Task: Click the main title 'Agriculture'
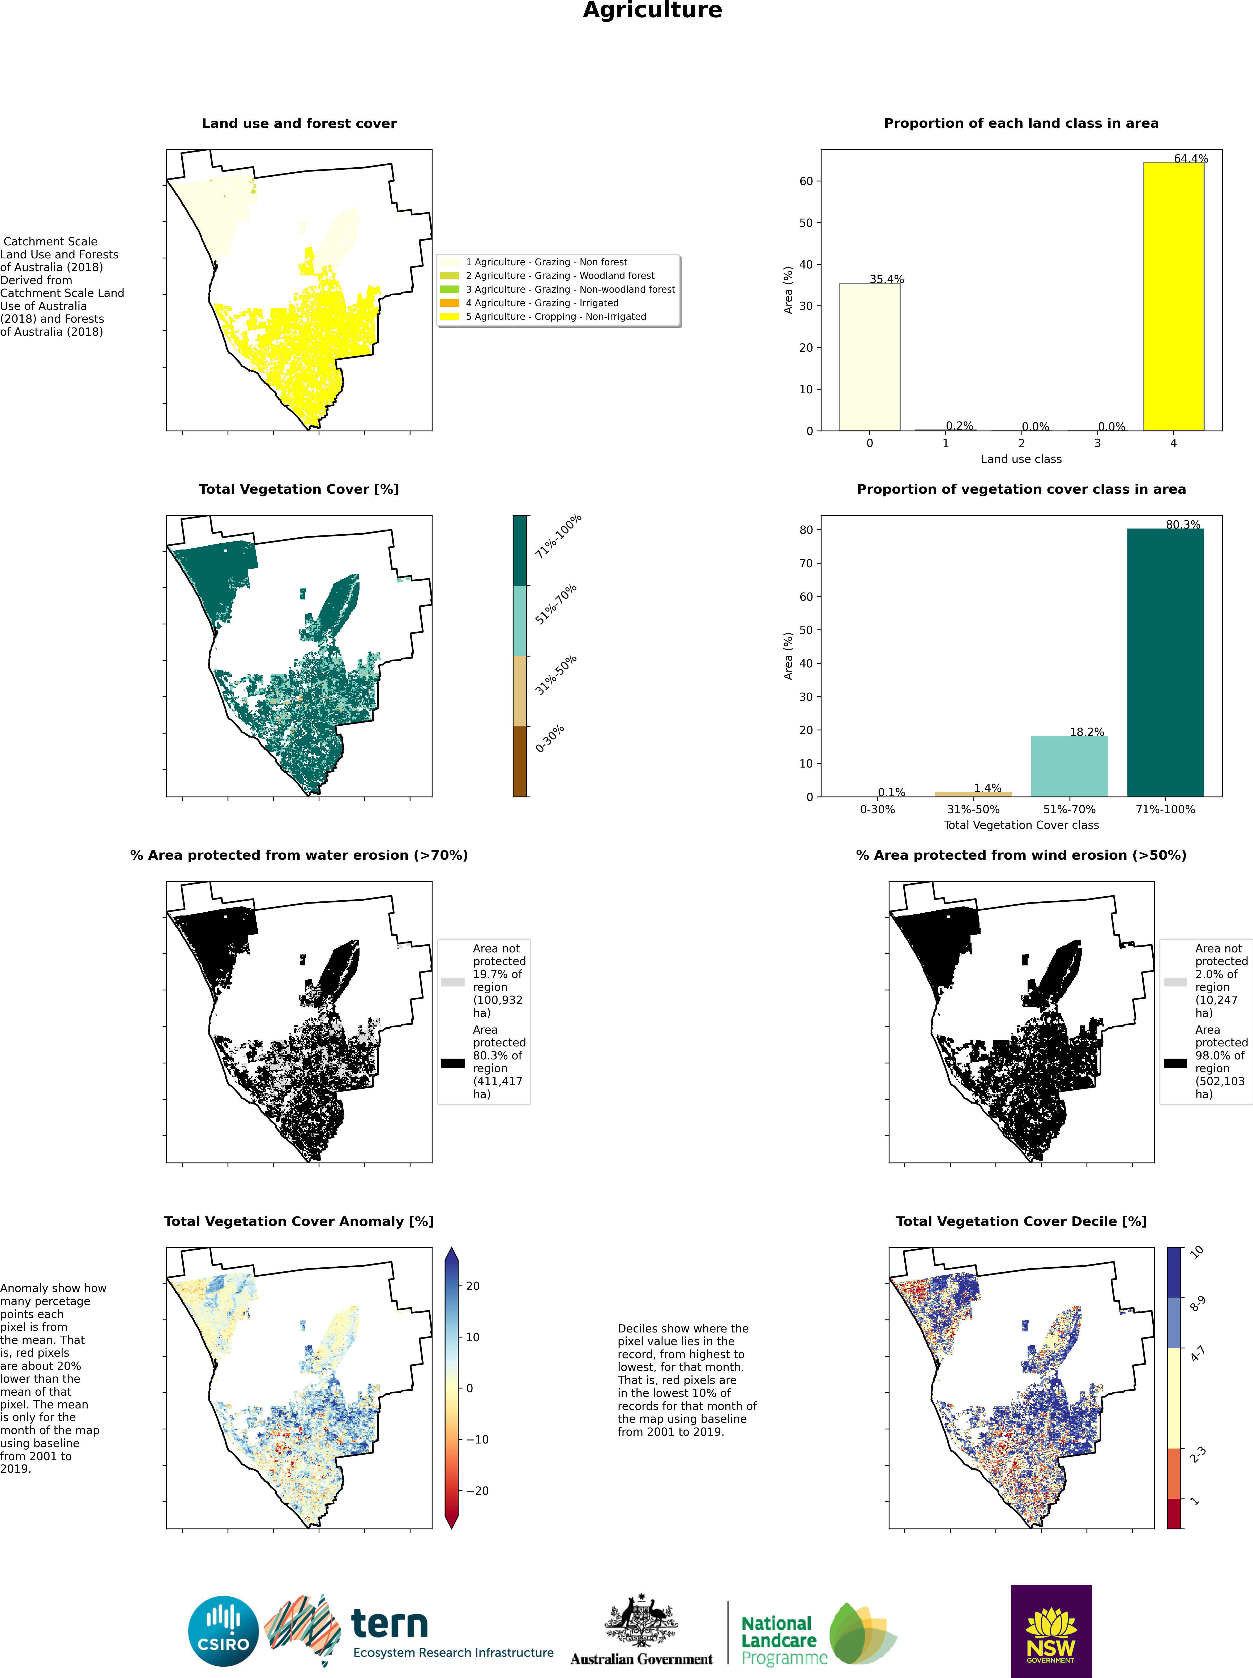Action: pos(652,11)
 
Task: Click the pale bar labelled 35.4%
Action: pos(869,356)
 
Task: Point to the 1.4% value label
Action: pos(987,788)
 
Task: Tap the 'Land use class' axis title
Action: pos(1021,459)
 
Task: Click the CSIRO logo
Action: pos(224,1631)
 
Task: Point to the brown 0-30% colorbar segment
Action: pos(520,761)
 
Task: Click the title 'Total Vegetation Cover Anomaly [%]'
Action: pos(299,1221)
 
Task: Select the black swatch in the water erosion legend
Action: pos(453,1063)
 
